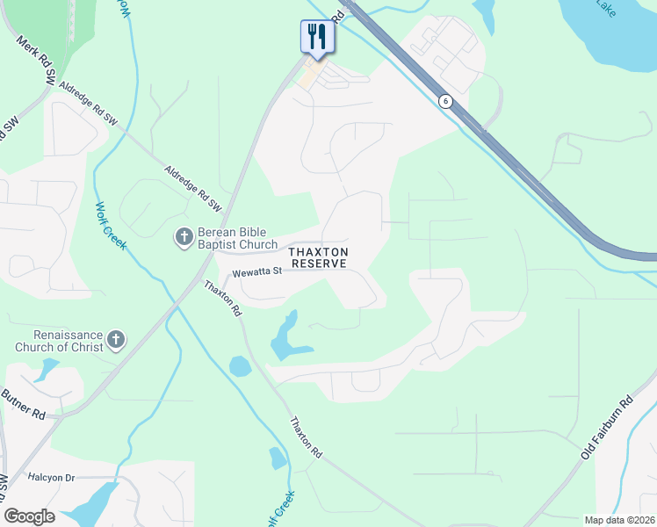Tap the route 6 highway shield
point(446,101)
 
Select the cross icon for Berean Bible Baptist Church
point(184,235)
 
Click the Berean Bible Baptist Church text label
point(237,239)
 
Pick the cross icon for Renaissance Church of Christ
point(117,340)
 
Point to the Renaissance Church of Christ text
point(68,341)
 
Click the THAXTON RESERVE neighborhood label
point(320,257)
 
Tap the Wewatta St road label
point(250,271)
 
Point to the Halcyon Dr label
point(52,477)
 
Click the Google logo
point(30,516)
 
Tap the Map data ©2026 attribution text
point(620,520)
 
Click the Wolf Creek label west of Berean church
point(111,226)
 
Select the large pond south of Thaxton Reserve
point(285,338)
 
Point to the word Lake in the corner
point(606,7)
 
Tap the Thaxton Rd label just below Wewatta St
point(222,299)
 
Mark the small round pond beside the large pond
point(239,365)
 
